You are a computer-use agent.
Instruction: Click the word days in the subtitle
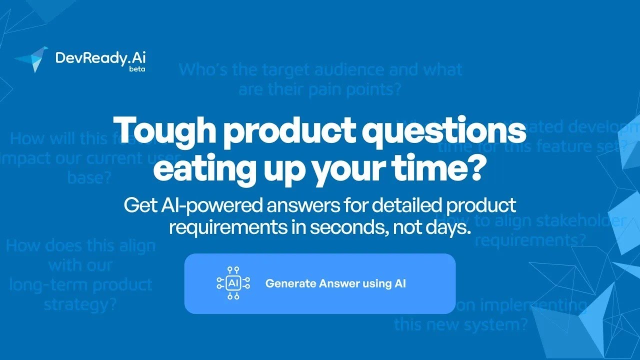click(449, 228)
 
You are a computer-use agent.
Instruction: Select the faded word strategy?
click(80, 304)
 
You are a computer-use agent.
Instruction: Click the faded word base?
click(89, 177)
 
